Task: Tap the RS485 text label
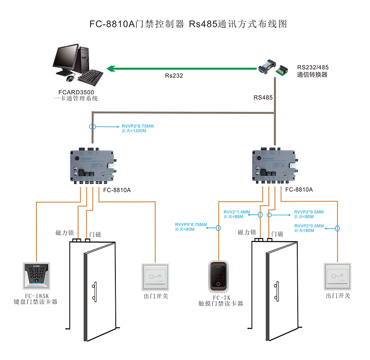coord(263,98)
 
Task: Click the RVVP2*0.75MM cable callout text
coord(138,126)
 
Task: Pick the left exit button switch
coord(155,277)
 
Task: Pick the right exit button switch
coord(338,277)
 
